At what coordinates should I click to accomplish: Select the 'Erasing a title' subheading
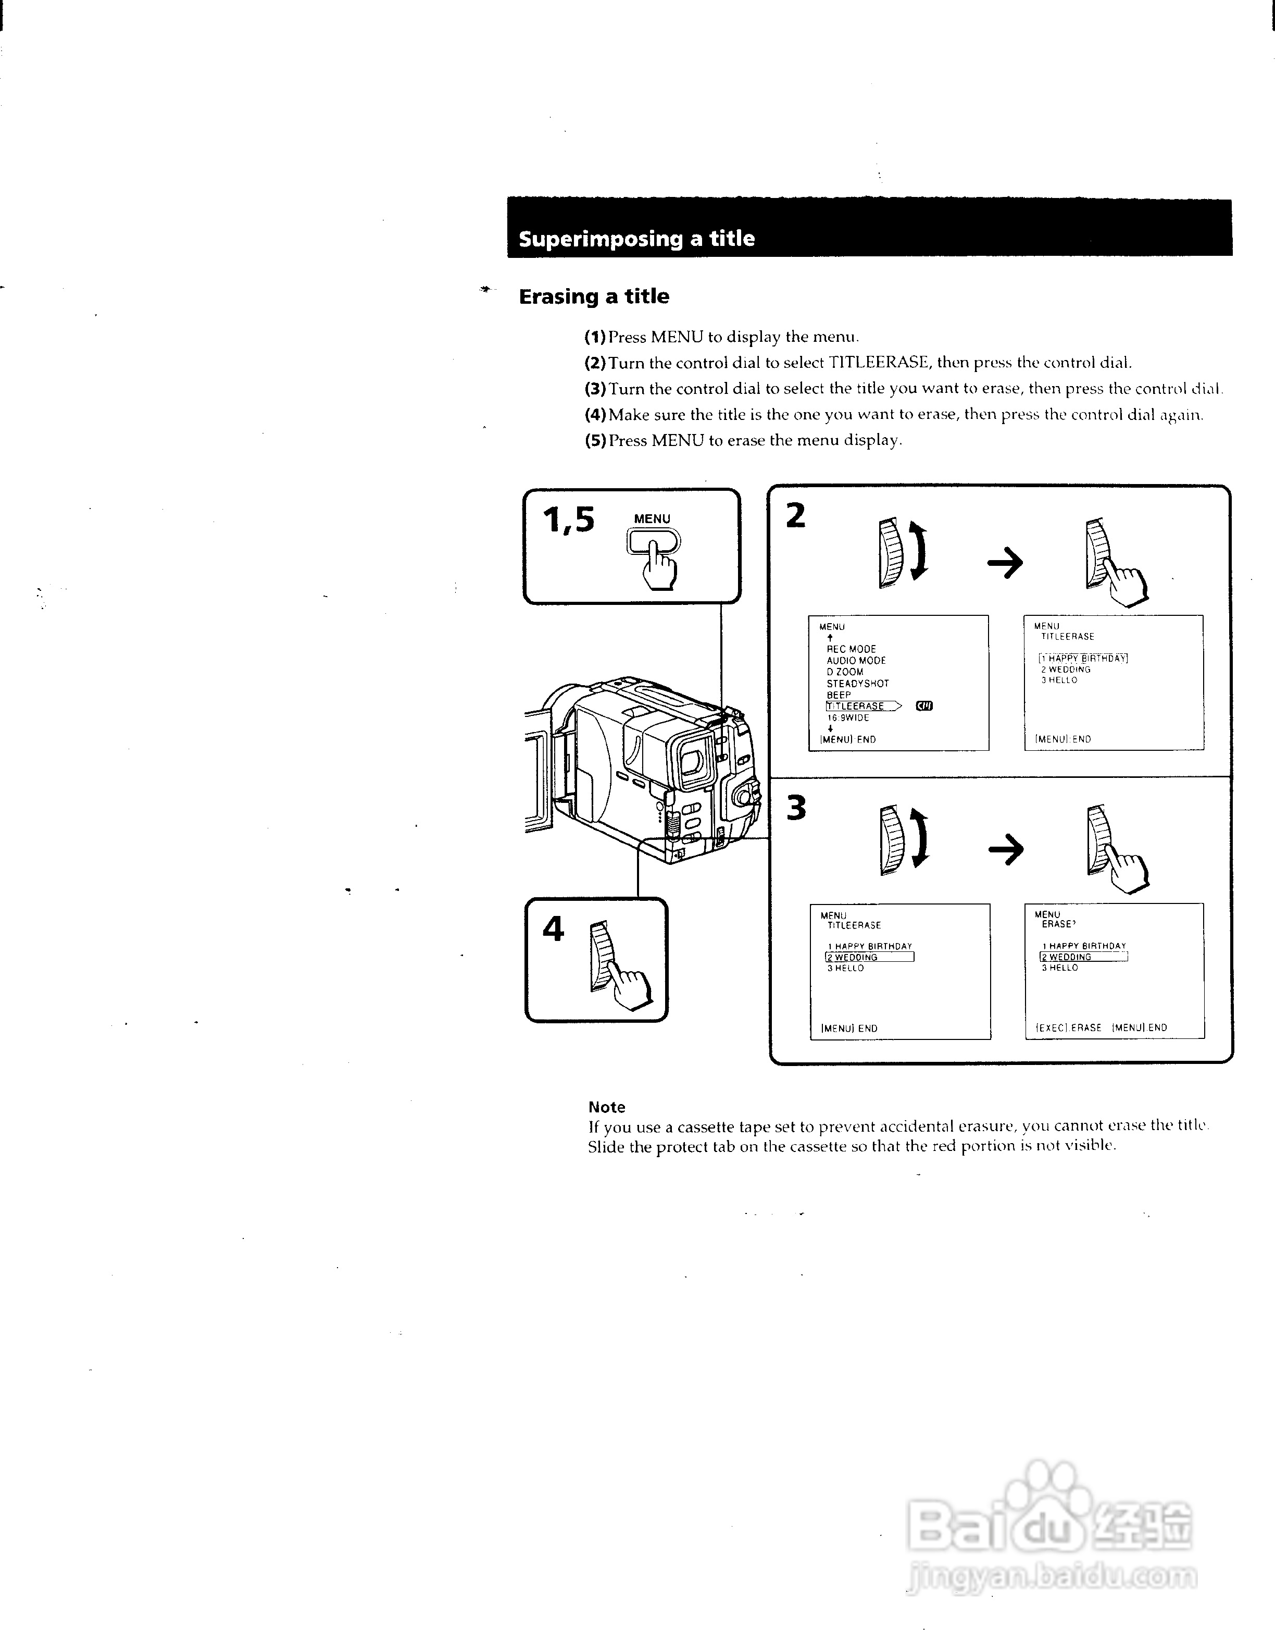[594, 296]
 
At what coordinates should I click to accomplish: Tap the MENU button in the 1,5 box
[653, 541]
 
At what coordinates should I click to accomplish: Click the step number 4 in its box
[553, 929]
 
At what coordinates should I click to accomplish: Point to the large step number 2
[796, 516]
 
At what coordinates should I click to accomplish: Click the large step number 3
[796, 808]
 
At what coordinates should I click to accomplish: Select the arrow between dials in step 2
[1005, 563]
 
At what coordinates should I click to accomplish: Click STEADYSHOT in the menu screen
[858, 684]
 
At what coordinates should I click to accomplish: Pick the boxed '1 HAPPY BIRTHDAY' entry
[1083, 658]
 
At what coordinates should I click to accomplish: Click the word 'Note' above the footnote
[607, 1107]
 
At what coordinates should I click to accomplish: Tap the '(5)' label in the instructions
[595, 441]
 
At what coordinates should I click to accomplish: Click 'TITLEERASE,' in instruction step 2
[880, 363]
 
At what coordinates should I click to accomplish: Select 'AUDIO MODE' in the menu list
[856, 660]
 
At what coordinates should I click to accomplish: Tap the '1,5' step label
[568, 520]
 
